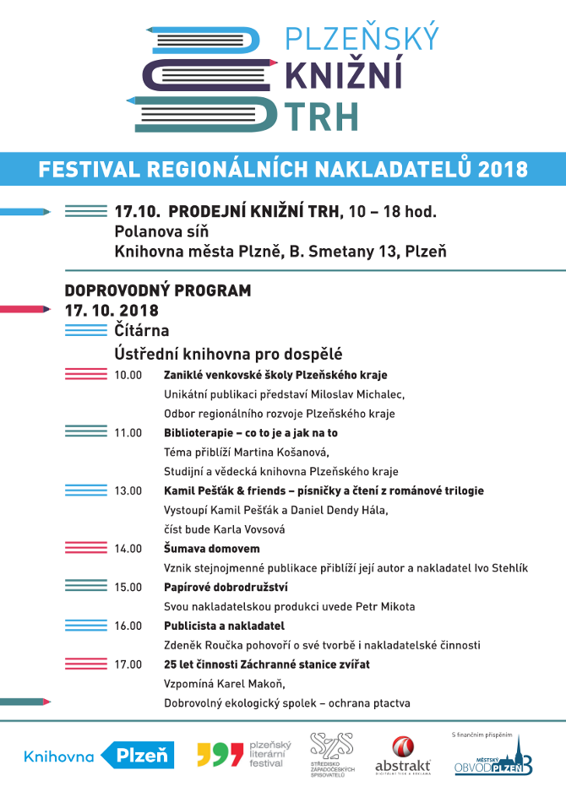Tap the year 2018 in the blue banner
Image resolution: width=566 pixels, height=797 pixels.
point(503,169)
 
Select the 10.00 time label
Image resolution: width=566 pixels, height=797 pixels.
point(128,375)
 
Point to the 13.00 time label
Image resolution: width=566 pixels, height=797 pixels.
point(128,491)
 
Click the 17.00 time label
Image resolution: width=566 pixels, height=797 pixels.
point(128,664)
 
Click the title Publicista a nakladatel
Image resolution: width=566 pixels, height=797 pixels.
point(224,626)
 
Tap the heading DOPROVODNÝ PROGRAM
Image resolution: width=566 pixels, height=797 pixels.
point(158,290)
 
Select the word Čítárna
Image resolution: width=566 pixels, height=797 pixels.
point(142,330)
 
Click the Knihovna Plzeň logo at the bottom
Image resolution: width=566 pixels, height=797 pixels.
point(99,756)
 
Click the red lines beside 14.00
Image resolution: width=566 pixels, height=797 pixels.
point(85,549)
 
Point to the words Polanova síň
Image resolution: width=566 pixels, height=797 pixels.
point(161,230)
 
